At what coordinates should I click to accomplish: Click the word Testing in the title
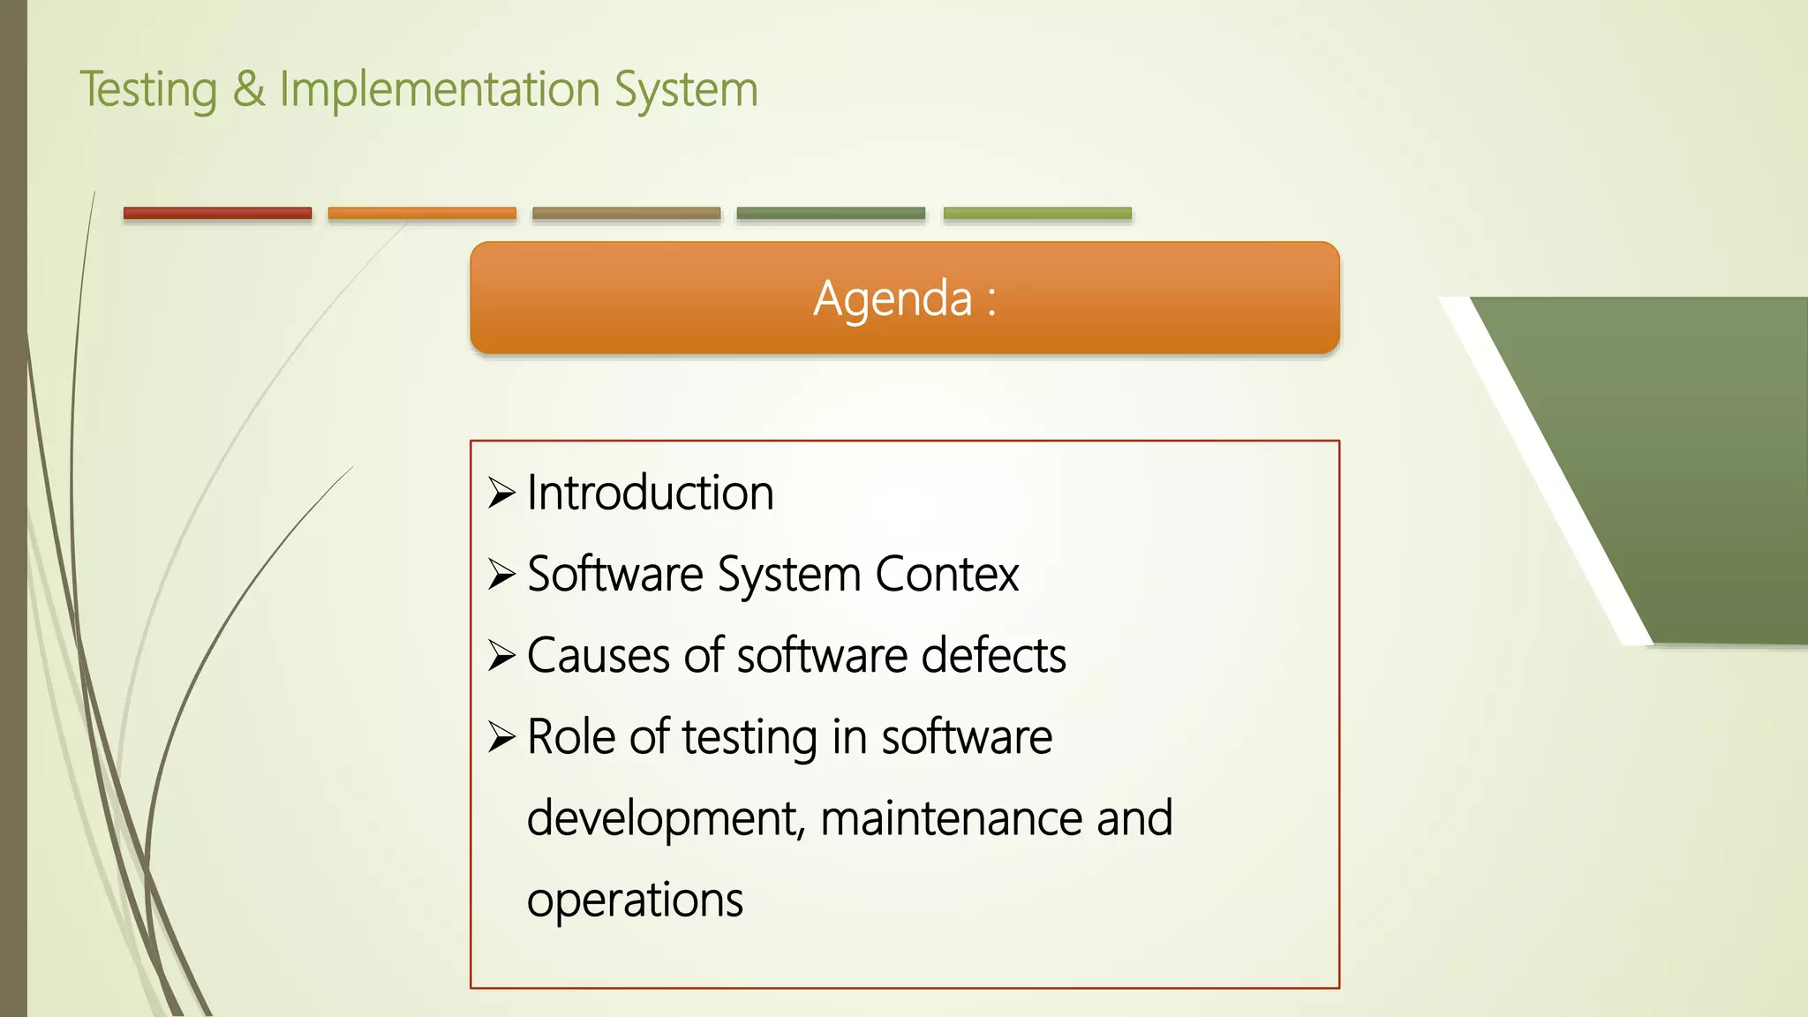pos(148,91)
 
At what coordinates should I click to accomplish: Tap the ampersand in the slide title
pos(249,89)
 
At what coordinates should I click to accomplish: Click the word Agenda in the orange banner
pos(893,298)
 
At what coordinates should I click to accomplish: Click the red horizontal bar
pos(217,213)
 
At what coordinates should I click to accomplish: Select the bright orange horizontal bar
pos(422,213)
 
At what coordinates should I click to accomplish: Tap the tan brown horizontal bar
pos(626,213)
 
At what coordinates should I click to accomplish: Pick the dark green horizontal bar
pos(831,213)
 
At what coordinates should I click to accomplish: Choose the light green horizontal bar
pos(1037,213)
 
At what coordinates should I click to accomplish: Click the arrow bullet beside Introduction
pos(501,493)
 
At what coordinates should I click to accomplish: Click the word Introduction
pos(650,493)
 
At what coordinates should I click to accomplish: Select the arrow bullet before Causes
pos(501,656)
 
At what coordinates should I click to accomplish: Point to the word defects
pos(993,656)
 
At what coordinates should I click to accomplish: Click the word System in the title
pos(686,91)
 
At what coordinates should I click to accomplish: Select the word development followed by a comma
pos(666,819)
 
